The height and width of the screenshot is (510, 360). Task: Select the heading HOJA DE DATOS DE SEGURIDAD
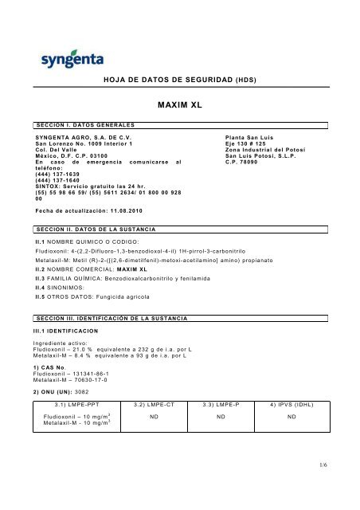pyautogui.click(x=164, y=80)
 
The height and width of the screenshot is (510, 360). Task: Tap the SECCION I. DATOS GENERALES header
pyautogui.click(x=76, y=125)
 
